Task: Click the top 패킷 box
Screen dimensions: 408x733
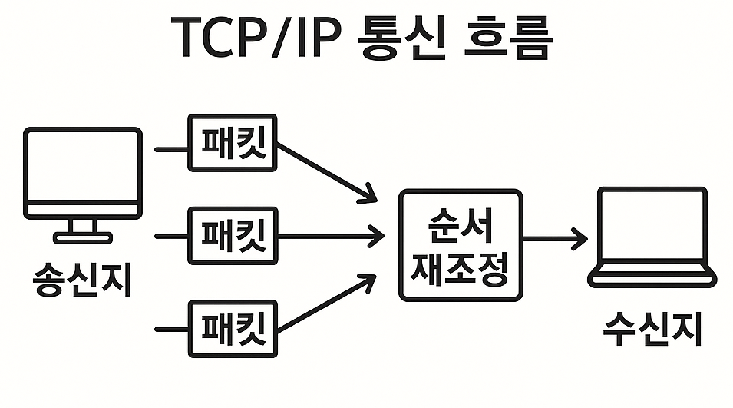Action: [233, 144]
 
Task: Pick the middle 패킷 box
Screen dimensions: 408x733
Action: [233, 236]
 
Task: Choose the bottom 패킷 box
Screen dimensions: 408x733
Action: [233, 329]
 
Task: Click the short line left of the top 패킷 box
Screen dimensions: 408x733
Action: [171, 148]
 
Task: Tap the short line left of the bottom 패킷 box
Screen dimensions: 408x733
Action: [171, 330]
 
